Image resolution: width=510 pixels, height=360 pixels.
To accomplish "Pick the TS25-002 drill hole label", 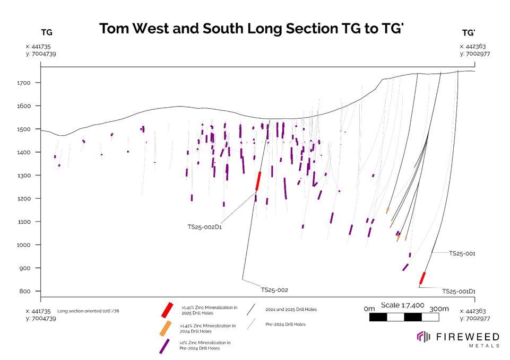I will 274,290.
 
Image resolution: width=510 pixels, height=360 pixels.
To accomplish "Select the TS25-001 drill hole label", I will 462,254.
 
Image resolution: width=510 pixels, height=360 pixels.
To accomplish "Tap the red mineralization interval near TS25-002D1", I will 258,181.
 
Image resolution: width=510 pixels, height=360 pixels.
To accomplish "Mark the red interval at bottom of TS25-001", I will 422,278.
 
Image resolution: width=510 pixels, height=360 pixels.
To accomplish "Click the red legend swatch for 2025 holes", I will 168,309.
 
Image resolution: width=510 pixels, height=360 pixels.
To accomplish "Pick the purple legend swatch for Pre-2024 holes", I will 165,346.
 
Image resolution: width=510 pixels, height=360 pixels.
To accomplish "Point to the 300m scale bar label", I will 439,309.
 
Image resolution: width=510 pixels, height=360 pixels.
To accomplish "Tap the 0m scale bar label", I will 369,309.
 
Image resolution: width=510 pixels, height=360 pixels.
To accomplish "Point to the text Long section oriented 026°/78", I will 88,311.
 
